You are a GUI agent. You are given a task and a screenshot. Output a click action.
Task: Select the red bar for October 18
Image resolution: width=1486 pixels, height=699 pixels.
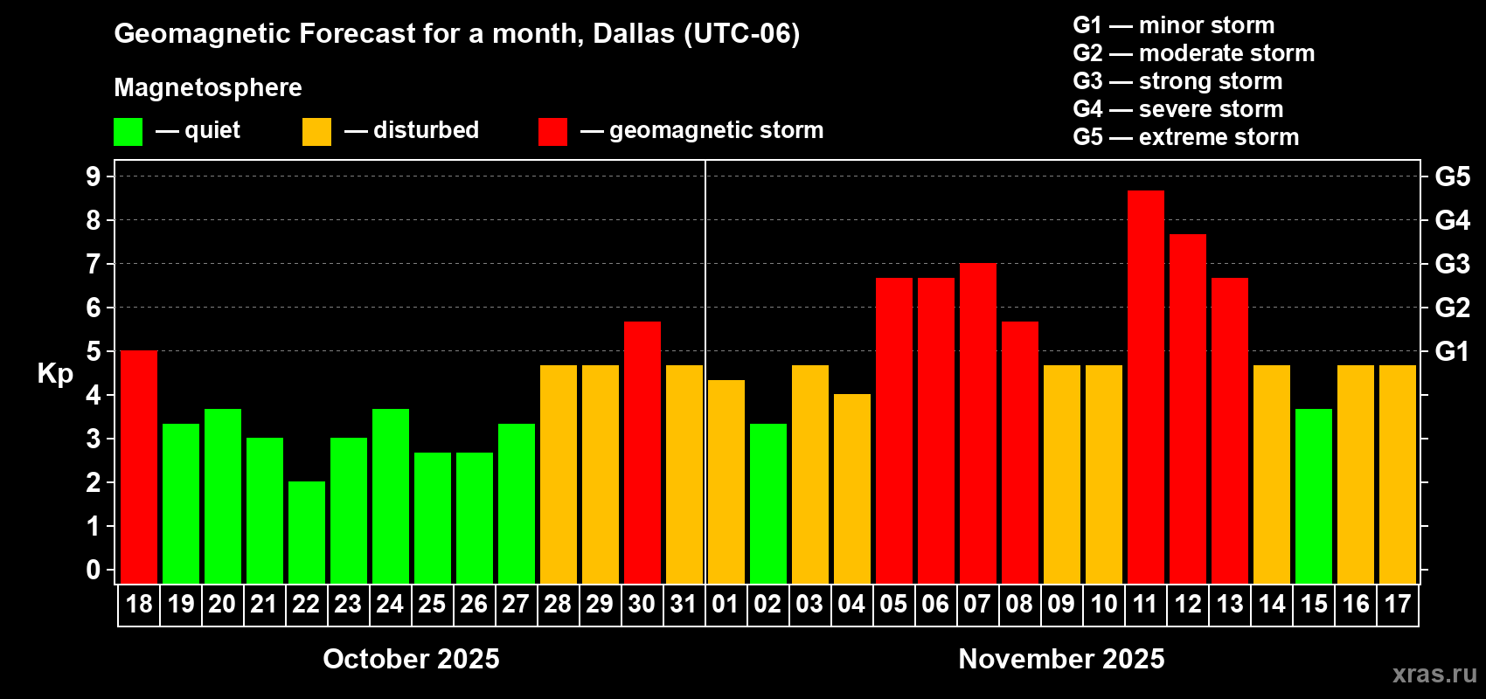click(x=139, y=467)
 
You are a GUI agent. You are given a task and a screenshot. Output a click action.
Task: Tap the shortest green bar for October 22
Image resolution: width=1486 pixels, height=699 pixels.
click(x=307, y=532)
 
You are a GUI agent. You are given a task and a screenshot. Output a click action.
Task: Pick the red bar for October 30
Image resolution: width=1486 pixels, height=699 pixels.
click(x=642, y=452)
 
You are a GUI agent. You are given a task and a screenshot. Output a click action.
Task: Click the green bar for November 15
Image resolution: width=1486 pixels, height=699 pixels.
click(x=1314, y=495)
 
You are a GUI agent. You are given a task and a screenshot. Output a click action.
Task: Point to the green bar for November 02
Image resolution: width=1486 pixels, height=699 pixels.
click(x=768, y=503)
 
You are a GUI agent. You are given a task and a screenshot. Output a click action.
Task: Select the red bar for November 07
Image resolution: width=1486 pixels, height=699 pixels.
click(x=978, y=423)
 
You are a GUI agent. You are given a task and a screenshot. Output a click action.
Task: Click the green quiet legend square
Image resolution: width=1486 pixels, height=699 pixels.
click(x=128, y=132)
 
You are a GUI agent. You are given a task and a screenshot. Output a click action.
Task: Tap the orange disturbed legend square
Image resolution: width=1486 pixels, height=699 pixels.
click(x=316, y=132)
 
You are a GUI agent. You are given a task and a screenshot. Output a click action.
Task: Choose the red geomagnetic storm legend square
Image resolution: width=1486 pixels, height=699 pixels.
click(x=552, y=132)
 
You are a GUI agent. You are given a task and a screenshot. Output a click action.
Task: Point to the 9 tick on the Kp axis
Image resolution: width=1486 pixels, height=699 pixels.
click(x=94, y=176)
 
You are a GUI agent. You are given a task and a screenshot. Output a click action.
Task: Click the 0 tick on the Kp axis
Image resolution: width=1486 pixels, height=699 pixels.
click(x=94, y=571)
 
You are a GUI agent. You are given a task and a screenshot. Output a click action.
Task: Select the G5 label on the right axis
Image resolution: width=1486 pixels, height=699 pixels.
click(x=1452, y=176)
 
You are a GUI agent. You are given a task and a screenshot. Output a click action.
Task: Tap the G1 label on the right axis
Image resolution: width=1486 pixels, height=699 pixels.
click(x=1452, y=351)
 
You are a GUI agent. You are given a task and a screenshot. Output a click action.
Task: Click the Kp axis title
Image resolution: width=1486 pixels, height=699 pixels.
click(x=55, y=374)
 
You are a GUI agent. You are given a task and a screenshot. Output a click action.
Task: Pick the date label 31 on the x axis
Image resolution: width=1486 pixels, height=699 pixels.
click(x=684, y=605)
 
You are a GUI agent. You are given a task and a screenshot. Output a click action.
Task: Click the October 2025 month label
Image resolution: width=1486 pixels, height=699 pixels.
click(x=411, y=659)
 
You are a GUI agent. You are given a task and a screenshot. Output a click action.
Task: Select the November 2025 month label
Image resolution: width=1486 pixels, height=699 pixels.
click(x=1061, y=659)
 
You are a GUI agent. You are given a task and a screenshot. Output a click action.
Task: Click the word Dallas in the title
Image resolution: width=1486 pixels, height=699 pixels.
click(x=634, y=34)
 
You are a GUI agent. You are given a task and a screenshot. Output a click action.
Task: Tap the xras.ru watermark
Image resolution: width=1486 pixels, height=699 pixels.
click(x=1434, y=674)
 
